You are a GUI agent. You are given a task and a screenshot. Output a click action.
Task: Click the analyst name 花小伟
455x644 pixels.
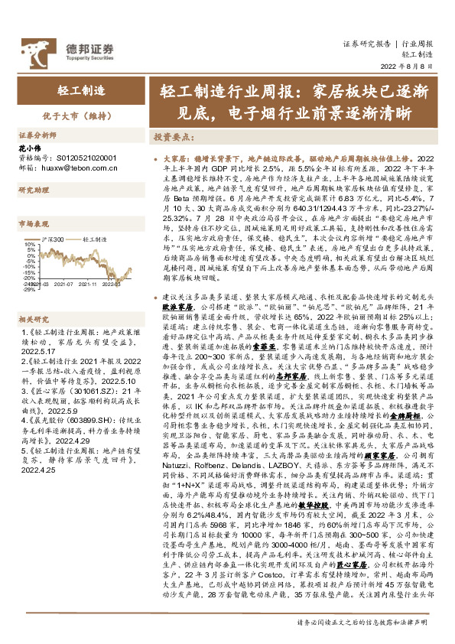point(29,146)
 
